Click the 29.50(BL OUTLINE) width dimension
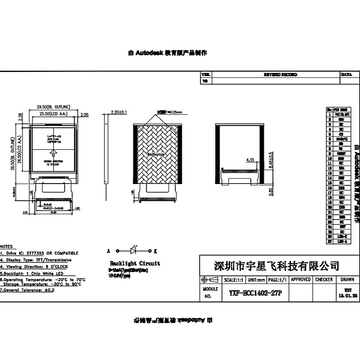[53, 107]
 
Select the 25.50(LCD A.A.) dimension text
[53, 115]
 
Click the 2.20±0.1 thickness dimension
[119, 112]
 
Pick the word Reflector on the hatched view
[156, 154]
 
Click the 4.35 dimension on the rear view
[251, 160]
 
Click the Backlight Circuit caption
[135, 263]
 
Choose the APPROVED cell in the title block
[301, 279]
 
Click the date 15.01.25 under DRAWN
[347, 296]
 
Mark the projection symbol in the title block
[209, 280]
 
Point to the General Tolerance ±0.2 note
[28, 290]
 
